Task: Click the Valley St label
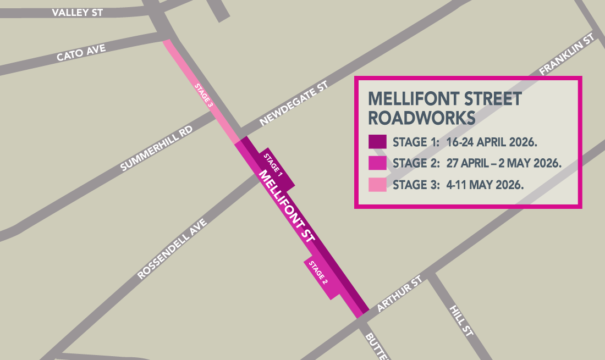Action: click(77, 12)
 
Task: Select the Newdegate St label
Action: click(294, 104)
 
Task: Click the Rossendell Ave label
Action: click(172, 249)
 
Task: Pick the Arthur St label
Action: click(399, 295)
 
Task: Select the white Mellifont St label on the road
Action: click(287, 206)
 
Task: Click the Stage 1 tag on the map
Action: click(273, 165)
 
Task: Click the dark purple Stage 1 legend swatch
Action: click(377, 142)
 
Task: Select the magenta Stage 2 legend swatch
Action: click(377, 163)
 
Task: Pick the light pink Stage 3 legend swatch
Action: click(377, 185)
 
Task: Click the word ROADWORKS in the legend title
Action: click(422, 118)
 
